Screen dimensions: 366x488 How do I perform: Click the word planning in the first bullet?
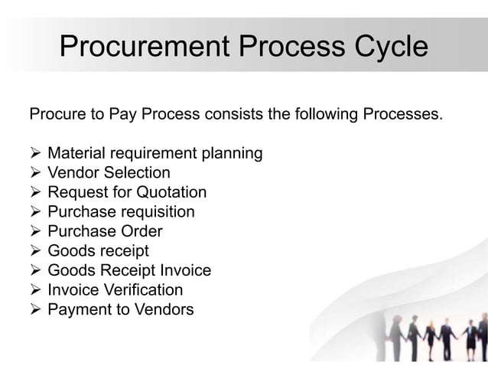[231, 155]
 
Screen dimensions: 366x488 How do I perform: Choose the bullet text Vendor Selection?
[109, 174]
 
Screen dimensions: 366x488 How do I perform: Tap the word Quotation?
[168, 193]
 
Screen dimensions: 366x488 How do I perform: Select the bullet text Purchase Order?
[105, 231]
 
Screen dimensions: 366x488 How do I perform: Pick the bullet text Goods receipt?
[98, 251]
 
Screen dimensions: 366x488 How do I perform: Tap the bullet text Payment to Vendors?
[120, 309]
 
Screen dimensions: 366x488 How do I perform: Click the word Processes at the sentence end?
[403, 116]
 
